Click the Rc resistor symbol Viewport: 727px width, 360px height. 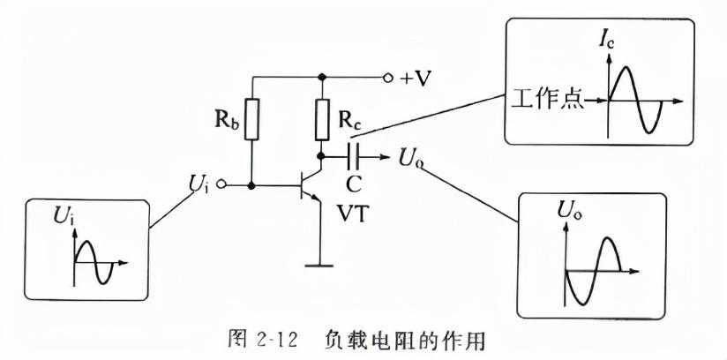click(323, 120)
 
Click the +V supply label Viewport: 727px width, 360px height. click(414, 78)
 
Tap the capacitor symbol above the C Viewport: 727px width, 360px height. click(354, 157)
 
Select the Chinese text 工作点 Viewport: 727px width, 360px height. click(546, 99)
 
